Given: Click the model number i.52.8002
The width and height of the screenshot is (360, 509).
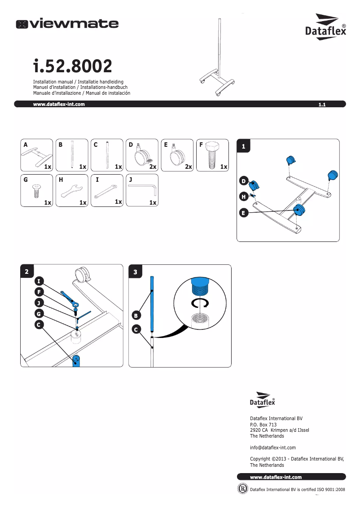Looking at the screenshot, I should coord(72,67).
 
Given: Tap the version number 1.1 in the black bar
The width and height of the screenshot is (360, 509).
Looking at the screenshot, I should coord(321,105).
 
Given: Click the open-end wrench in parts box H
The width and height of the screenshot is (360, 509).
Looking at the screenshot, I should coord(72,191).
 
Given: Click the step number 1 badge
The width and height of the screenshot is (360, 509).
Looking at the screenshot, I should coord(243,146).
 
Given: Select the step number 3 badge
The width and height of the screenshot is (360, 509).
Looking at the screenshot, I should coord(136,272).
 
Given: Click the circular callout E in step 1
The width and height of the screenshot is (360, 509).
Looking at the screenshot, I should coord(243,213).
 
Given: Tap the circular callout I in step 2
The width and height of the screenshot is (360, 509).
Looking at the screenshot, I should coord(39,281).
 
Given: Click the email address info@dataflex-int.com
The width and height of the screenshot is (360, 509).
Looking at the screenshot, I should coord(272,448).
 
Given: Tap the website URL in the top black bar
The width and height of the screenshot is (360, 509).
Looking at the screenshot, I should coord(59,104).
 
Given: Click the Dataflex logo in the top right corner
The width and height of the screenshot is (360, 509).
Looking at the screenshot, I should coord(326,27).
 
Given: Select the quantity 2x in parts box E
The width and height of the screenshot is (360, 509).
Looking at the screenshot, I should coord(188,167).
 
